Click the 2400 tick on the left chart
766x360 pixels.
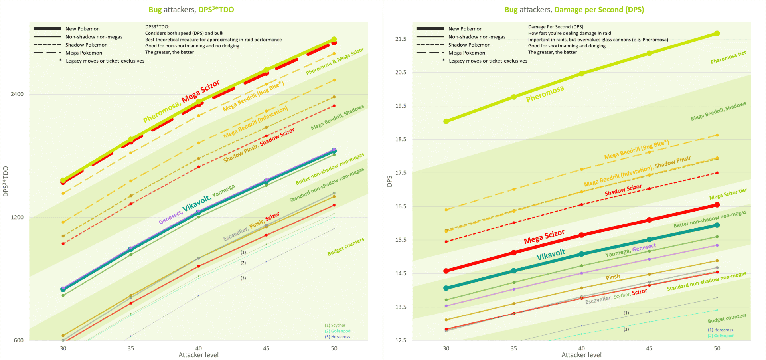click(17, 94)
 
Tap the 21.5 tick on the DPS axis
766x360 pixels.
click(401, 39)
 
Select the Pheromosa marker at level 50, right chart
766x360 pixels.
click(717, 34)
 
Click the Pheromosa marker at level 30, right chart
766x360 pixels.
click(446, 121)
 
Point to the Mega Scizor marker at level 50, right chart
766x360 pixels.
click(717, 205)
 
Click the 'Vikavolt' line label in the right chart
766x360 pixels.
click(551, 255)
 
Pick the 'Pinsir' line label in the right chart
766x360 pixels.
click(613, 277)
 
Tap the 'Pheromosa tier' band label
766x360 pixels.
click(728, 57)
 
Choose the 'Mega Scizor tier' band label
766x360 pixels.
click(728, 194)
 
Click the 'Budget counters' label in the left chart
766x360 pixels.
click(345, 247)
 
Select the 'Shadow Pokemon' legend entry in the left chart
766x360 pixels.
click(86, 45)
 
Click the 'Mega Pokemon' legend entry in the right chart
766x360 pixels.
click(466, 53)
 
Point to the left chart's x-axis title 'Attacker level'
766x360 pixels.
click(198, 355)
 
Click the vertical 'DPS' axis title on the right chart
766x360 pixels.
click(390, 181)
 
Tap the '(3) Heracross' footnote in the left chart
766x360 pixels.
click(338, 337)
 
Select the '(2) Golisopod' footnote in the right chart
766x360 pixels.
click(721, 336)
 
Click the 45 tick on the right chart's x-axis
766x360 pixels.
click(649, 348)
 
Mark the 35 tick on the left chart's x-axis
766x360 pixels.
click(131, 348)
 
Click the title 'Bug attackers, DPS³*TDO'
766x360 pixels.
click(191, 10)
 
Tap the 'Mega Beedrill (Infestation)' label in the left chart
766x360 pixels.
click(255, 122)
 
